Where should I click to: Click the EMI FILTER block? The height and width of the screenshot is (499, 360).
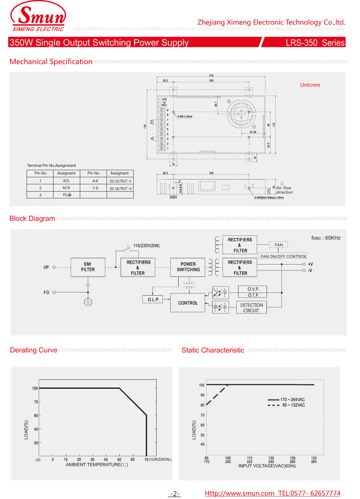pyautogui.click(x=88, y=267)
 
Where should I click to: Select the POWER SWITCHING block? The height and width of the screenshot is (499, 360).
pyautogui.click(x=188, y=267)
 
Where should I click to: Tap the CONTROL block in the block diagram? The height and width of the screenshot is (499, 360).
pyautogui.click(x=188, y=303)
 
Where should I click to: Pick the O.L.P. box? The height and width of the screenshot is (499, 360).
pyautogui.click(x=153, y=299)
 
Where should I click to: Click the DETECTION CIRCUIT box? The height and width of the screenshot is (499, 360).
pyautogui.click(x=251, y=308)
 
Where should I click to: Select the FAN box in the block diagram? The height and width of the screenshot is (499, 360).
pyautogui.click(x=279, y=245)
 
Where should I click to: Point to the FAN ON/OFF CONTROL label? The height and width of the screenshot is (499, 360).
pyautogui.click(x=283, y=256)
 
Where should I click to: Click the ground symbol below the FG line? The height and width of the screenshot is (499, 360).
pyautogui.click(x=88, y=302)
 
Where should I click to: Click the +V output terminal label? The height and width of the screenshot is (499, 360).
pyautogui.click(x=310, y=264)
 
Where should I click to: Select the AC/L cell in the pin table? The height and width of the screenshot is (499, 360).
pyautogui.click(x=66, y=180)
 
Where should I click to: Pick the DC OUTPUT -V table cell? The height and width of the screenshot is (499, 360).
pyautogui.click(x=121, y=181)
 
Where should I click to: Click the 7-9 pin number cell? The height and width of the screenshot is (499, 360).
pyautogui.click(x=95, y=188)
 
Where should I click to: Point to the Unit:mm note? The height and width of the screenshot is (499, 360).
pyautogui.click(x=310, y=85)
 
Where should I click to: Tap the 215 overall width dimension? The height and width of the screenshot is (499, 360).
pyautogui.click(x=211, y=75)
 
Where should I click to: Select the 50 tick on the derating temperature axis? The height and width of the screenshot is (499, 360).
pyautogui.click(x=119, y=459)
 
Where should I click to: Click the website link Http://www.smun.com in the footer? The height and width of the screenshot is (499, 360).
pyautogui.click(x=239, y=493)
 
